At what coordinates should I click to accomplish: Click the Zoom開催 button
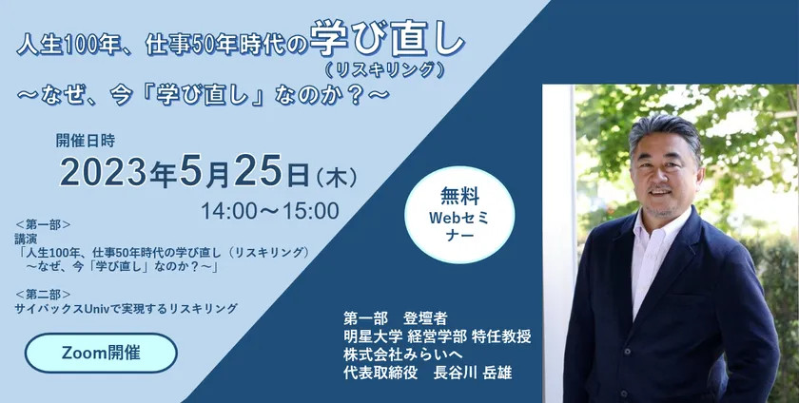click(x=101, y=353)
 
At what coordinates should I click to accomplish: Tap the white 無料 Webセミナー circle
click(x=459, y=215)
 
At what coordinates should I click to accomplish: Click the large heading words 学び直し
click(x=387, y=38)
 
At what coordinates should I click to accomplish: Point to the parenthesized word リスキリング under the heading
click(x=382, y=69)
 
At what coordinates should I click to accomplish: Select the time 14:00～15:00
click(x=270, y=210)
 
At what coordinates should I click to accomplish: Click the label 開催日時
click(x=86, y=140)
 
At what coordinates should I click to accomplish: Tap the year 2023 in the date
click(x=104, y=171)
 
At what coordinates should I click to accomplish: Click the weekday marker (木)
click(x=337, y=177)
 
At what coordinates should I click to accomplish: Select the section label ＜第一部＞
click(x=43, y=224)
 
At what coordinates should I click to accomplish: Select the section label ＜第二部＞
click(x=43, y=294)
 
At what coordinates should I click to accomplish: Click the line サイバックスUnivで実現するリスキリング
click(x=127, y=308)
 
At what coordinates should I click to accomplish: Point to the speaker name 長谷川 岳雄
click(x=472, y=373)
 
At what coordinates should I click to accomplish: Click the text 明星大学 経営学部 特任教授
click(x=438, y=336)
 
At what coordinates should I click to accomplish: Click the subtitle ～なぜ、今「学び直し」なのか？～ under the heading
click(x=204, y=95)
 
